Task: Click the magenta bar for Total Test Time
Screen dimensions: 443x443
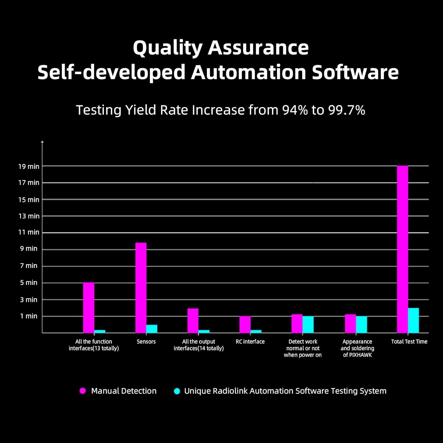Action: pos(402,249)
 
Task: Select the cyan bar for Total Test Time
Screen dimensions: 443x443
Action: pos(413,320)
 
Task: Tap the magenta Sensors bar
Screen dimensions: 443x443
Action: pos(141,288)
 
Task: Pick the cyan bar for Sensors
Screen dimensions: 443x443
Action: pos(152,329)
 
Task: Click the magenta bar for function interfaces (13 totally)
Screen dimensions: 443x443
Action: pos(89,307)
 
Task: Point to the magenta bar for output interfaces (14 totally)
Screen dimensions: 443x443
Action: pos(193,320)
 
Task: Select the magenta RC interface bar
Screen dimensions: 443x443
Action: pos(245,324)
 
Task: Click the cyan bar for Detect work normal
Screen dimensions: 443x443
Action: pos(308,324)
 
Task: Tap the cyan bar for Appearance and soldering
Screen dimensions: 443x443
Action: pos(361,324)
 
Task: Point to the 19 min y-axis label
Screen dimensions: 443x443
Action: pos(29,167)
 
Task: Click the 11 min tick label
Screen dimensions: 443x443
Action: pos(29,232)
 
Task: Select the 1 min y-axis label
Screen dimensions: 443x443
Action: pos(29,316)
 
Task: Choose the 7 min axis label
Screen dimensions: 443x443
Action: pos(29,266)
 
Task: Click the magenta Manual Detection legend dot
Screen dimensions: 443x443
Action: pos(83,391)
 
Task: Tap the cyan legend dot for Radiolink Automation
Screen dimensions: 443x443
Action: pos(177,391)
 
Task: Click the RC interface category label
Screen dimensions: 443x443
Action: pos(250,342)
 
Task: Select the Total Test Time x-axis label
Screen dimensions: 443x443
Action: pos(409,342)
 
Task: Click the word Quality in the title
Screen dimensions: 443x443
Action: pos(167,48)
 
